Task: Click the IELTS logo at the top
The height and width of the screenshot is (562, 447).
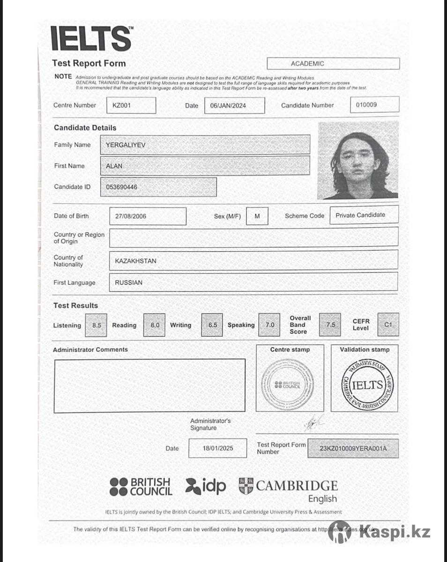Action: coord(91,38)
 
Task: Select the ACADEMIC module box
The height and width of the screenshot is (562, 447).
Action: coord(333,63)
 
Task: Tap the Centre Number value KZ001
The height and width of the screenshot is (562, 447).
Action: coord(131,105)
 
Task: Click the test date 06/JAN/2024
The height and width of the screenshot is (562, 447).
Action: coord(234,105)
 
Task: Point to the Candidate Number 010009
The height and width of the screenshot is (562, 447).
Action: coord(374,105)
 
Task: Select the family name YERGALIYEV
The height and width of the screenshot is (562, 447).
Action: coord(205,145)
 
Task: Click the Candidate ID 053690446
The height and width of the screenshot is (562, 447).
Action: coord(158,187)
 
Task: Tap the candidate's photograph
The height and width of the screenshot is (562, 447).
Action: coord(358,160)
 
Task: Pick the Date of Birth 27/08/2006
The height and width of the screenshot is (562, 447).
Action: coord(148,216)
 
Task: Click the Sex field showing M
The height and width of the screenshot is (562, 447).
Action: coord(257,216)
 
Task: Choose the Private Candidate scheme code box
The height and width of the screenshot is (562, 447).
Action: coord(364,215)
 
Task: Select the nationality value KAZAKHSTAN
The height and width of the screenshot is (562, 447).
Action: coord(253,260)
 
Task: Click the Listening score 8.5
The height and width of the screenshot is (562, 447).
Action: coord(97,325)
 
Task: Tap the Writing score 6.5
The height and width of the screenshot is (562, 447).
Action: coord(212,325)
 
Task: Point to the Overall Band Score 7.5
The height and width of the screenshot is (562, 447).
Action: coord(330,325)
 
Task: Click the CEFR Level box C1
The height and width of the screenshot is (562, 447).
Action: coord(388,325)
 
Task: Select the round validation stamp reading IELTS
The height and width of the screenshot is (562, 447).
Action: coord(367,385)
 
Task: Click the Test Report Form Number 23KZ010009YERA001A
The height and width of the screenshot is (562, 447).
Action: coord(353,448)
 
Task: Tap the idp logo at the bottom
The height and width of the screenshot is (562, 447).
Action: coord(206,486)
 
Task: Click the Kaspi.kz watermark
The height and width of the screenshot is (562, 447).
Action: coord(379,532)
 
